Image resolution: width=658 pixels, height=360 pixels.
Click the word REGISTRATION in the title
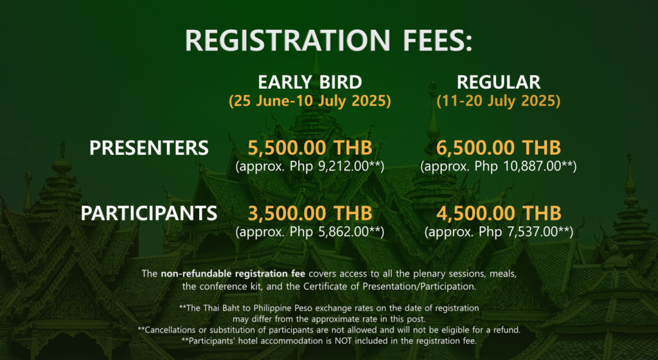point(288,40)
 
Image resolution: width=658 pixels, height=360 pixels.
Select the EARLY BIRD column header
point(310,82)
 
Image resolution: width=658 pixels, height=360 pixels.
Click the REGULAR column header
point(499,82)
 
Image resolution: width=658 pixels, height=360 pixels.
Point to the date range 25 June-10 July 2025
point(310,101)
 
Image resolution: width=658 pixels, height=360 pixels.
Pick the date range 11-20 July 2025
point(499,101)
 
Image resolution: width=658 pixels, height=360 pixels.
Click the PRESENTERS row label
point(149,148)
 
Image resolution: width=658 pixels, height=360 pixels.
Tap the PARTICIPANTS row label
point(149,213)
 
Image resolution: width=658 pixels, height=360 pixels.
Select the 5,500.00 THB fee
point(310,148)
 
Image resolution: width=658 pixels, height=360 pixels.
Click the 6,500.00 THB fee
point(499,148)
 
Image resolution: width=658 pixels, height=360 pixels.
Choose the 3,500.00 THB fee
point(310,213)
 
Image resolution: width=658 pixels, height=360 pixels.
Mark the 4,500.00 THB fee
point(499,213)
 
